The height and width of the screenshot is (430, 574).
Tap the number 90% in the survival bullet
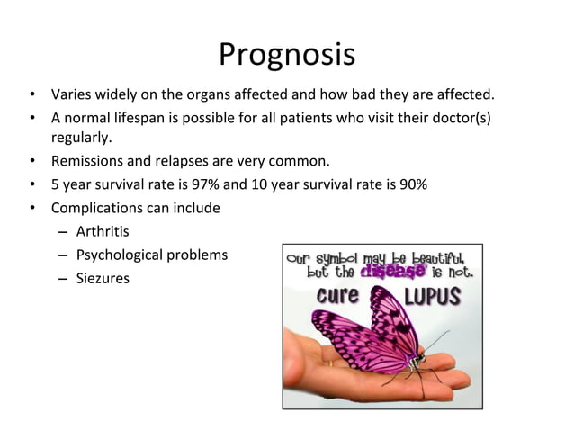pyautogui.click(x=412, y=185)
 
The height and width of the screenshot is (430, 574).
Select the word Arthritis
pyautogui.click(x=103, y=232)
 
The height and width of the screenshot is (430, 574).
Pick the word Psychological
pyautogui.click(x=120, y=255)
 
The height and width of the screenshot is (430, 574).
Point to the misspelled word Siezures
pyautogui.click(x=103, y=279)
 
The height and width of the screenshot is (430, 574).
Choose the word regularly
pyautogui.click(x=82, y=139)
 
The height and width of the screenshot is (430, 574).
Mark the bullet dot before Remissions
pyautogui.click(x=31, y=162)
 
